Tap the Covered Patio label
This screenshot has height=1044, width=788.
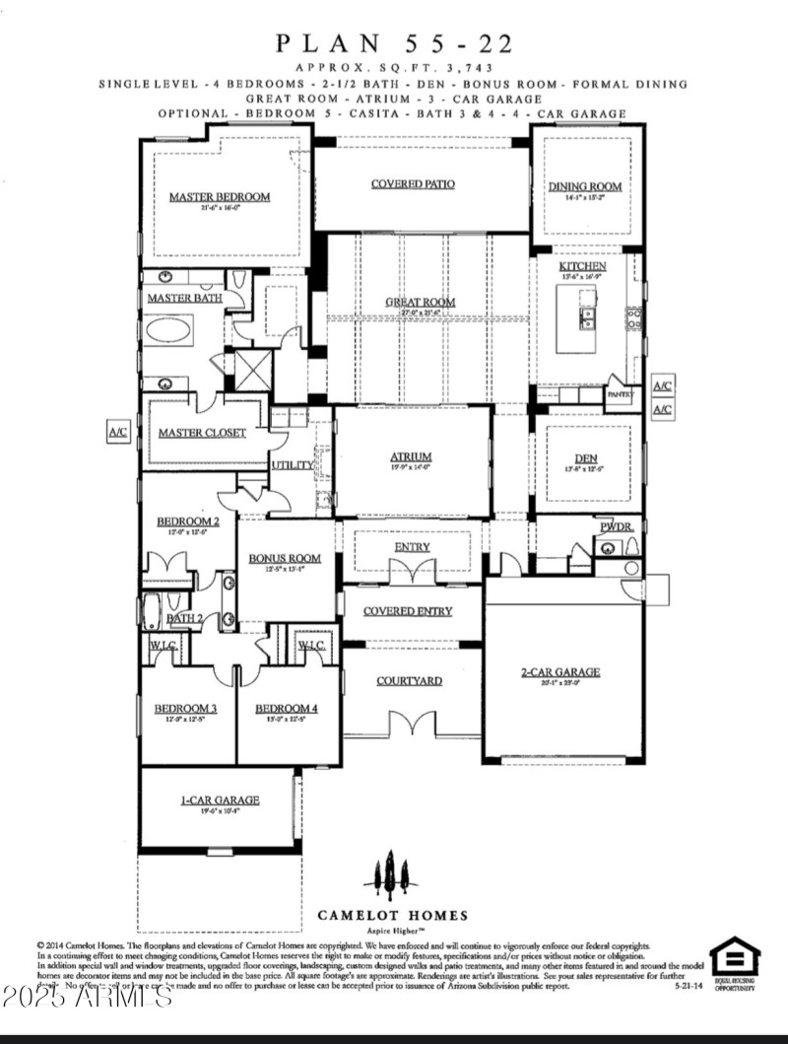(412, 184)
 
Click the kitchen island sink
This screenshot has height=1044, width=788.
(587, 317)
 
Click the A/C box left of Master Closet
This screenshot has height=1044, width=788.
(118, 432)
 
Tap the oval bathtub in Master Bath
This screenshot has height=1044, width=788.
(170, 329)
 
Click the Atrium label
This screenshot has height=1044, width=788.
(411, 456)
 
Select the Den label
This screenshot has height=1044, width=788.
(587, 457)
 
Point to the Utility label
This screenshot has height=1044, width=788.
(293, 464)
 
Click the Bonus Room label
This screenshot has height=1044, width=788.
(285, 559)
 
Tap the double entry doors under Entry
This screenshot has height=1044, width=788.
(412, 572)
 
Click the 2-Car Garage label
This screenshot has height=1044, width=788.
(560, 672)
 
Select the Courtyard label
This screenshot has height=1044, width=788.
(409, 681)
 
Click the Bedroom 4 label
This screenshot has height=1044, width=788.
(286, 709)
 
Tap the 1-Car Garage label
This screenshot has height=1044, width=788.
(219, 800)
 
